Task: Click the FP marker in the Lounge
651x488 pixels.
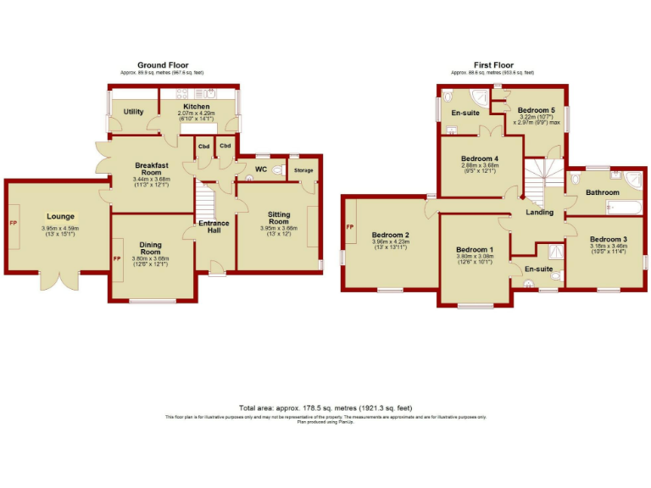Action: coord(13,223)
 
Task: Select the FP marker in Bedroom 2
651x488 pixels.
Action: coord(349,226)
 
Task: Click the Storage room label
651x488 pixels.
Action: coord(303,171)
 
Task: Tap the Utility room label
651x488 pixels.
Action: coord(133,112)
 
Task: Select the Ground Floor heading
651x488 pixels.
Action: coord(163,65)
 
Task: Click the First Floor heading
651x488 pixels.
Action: coord(494,65)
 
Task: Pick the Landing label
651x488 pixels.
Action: coord(540,212)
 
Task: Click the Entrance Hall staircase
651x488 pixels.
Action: coord(204,203)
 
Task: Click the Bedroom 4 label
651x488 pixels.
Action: coord(479,158)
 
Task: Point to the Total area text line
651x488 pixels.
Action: coord(325,408)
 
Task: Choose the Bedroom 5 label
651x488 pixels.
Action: coord(536,111)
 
